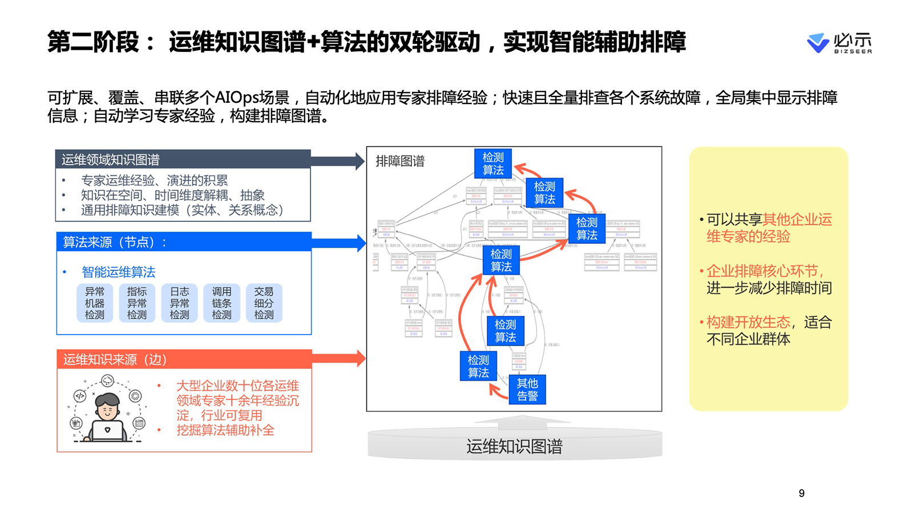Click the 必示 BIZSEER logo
(839, 43)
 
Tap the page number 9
(802, 493)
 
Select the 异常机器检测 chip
(95, 303)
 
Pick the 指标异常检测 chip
(137, 303)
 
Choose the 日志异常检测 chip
(179, 303)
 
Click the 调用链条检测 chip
(221, 303)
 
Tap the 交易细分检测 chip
(264, 303)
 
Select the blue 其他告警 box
(527, 389)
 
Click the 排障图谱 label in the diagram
(400, 162)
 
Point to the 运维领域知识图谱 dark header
(183, 159)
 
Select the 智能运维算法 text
(119, 272)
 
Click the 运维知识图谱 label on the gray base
(514, 446)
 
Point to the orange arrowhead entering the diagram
(360, 359)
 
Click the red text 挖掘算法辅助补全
(225, 430)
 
